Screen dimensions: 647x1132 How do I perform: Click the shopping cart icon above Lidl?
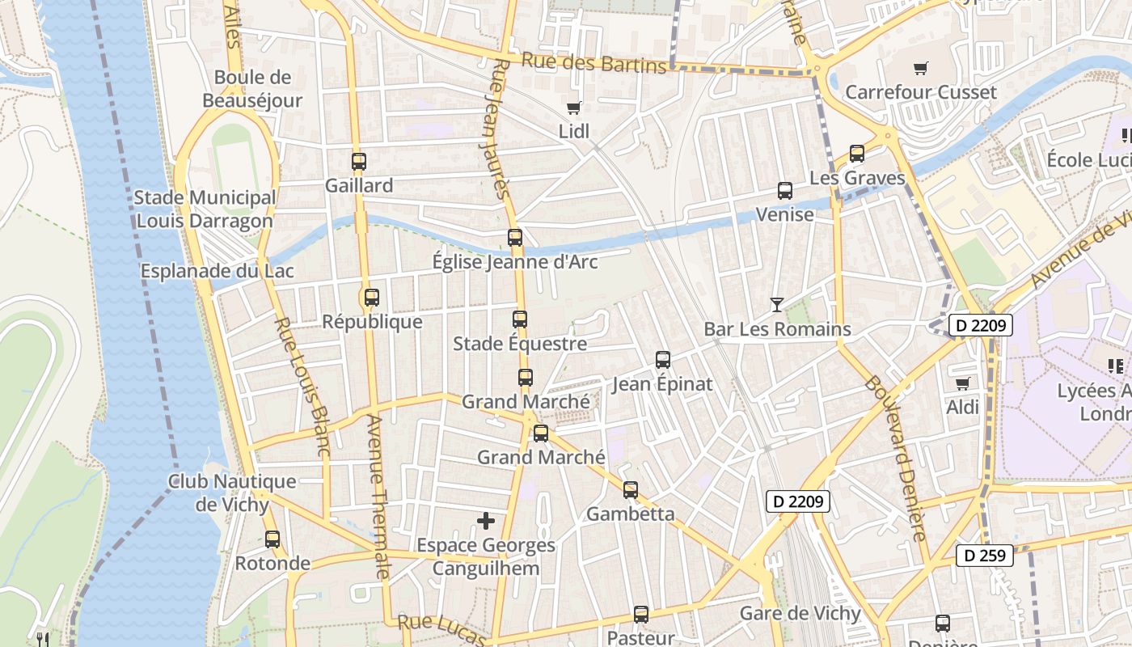point(574,108)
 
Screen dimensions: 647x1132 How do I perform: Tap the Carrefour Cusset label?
point(920,91)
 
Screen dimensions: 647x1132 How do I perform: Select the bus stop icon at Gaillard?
point(359,161)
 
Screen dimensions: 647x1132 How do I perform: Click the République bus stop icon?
point(372,297)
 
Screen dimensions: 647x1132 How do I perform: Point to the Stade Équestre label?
point(520,344)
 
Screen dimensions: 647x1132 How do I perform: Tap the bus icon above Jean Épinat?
point(663,359)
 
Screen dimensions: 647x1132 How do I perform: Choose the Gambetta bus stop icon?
point(631,489)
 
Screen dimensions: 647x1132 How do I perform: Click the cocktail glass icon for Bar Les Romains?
point(777,305)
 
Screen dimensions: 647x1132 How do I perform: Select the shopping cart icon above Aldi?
point(962,383)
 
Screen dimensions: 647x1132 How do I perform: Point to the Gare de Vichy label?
point(800,613)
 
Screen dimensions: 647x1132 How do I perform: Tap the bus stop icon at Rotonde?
point(272,539)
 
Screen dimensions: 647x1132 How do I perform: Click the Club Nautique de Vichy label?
point(232,493)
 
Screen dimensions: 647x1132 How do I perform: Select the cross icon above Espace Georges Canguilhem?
point(486,521)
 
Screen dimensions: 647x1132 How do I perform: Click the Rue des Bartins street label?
point(593,62)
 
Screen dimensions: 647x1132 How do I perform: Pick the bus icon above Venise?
point(785,191)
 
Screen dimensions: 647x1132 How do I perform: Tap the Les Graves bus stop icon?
point(857,154)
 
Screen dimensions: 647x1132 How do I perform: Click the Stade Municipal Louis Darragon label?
point(205,209)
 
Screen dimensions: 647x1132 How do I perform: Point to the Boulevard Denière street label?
point(896,458)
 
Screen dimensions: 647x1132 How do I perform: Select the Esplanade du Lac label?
point(218,271)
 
